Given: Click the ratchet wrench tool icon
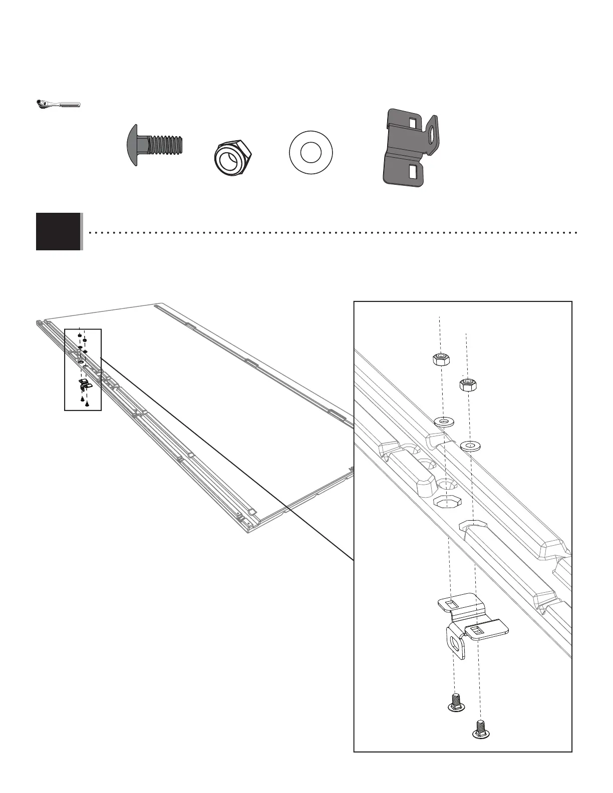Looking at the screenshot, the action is (58, 104).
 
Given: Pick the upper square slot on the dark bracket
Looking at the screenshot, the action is (413, 123).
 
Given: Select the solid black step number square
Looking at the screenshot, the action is (58, 231).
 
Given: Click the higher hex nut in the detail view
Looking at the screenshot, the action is (440, 358).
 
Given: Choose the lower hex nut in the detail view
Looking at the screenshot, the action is (467, 384).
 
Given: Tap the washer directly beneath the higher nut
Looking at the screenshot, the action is (443, 422).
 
